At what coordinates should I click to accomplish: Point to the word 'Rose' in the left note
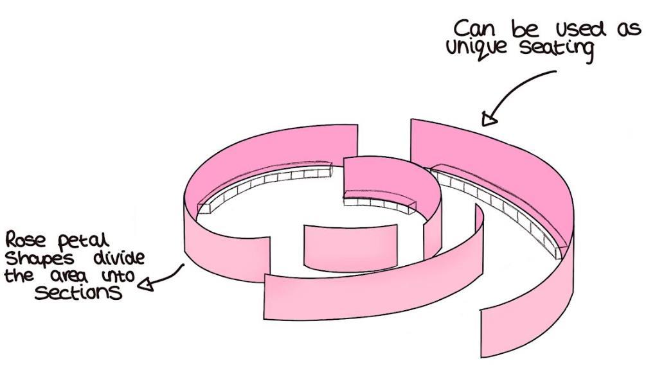pos(23,241)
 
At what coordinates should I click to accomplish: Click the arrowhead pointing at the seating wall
pos(490,118)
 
